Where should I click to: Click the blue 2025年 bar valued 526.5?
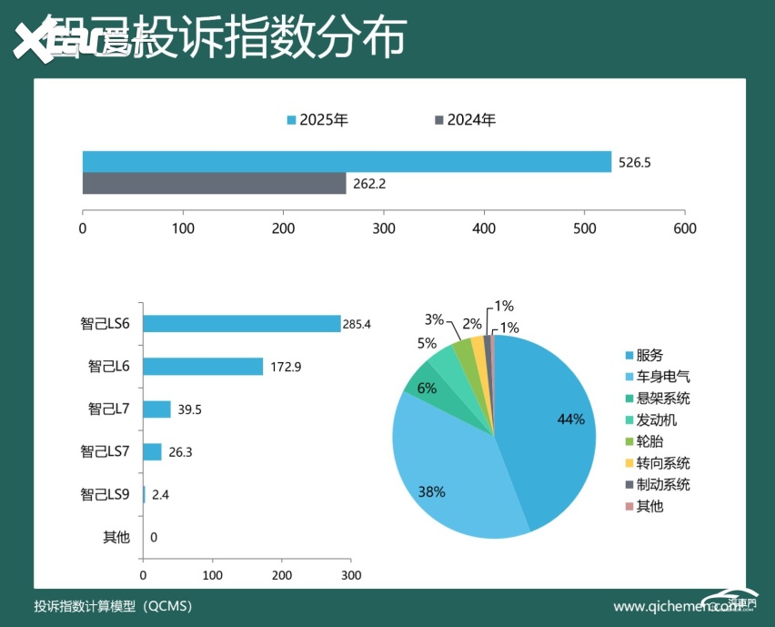(x=347, y=162)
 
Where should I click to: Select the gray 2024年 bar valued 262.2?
(x=214, y=183)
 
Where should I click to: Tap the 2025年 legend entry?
(x=317, y=119)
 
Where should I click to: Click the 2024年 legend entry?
(x=465, y=119)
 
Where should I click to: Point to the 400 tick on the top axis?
(x=484, y=228)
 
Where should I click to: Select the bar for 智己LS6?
(x=241, y=323)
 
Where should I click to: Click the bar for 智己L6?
(x=203, y=366)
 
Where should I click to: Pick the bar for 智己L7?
(x=156, y=409)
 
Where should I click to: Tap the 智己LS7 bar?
(x=152, y=451)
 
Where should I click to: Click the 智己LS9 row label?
(x=106, y=494)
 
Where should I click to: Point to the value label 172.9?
(x=285, y=367)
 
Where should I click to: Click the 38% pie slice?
(x=446, y=473)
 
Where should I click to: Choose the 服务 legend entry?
(x=649, y=355)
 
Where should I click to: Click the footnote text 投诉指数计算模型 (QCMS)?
(x=113, y=606)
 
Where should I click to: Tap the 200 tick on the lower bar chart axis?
(x=282, y=576)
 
